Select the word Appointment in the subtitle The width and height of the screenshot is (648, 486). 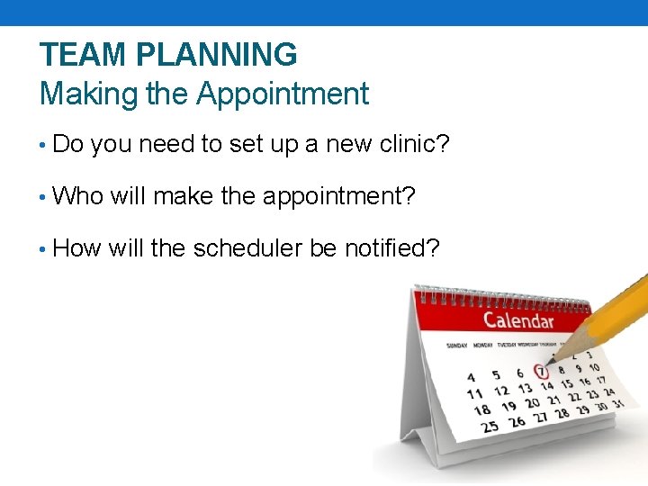click(283, 94)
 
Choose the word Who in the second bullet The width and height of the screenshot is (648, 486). click(78, 196)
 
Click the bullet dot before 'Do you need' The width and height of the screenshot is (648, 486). click(43, 145)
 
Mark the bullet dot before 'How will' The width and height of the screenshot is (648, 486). click(43, 248)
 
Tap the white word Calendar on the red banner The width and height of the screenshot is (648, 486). click(518, 320)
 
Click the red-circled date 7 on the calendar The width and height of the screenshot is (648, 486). click(541, 371)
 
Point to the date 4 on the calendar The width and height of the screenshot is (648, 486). click(472, 377)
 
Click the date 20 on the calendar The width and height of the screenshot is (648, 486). click(532, 403)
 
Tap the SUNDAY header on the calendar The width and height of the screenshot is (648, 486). click(456, 345)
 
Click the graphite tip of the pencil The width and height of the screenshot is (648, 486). click(551, 362)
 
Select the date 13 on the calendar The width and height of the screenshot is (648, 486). click(525, 389)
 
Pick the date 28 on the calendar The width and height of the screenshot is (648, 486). click(562, 413)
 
